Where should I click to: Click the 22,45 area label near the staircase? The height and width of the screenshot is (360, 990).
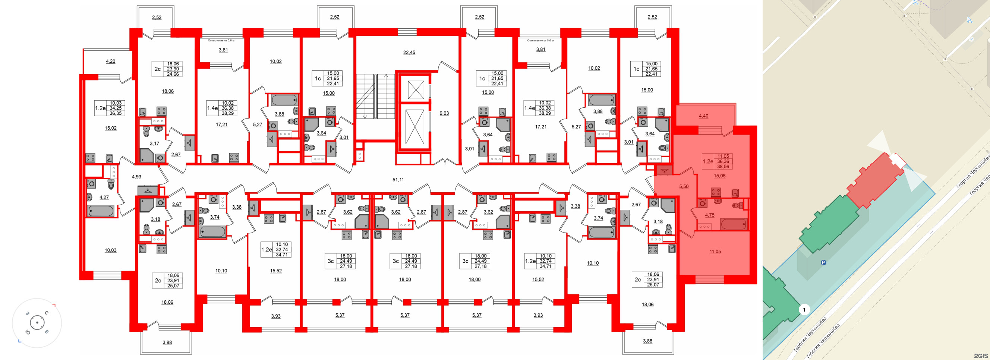coord(409,53)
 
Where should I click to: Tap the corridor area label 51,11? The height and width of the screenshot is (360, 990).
coord(398,180)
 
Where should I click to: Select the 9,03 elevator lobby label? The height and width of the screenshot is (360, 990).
coord(444,113)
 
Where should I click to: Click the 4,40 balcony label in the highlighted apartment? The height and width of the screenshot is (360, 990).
coord(703,116)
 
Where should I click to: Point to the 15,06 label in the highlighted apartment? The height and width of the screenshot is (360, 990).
coord(719,176)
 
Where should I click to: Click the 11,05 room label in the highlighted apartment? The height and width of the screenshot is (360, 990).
coord(715,252)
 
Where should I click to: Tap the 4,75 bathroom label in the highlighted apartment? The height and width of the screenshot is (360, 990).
coord(709,215)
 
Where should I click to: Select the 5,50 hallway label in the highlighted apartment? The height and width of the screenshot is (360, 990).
coord(684,187)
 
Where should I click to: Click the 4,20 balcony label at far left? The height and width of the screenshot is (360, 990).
coord(110,61)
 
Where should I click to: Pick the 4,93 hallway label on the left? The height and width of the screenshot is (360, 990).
coord(136,177)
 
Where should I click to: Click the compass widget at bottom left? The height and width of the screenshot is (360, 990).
coord(37,323)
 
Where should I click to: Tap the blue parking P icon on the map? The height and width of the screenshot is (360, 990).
coord(823,263)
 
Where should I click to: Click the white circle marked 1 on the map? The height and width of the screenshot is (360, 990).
coord(804,309)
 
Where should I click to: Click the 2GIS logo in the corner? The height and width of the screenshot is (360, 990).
coord(980,356)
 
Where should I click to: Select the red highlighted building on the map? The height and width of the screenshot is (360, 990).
coord(874,181)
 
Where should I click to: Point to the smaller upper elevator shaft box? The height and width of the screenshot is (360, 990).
coord(416,90)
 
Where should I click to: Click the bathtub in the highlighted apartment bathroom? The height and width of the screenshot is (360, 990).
coord(734,224)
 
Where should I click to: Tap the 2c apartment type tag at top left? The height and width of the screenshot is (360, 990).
coord(158,69)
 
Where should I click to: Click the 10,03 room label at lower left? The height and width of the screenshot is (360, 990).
coord(110,250)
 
